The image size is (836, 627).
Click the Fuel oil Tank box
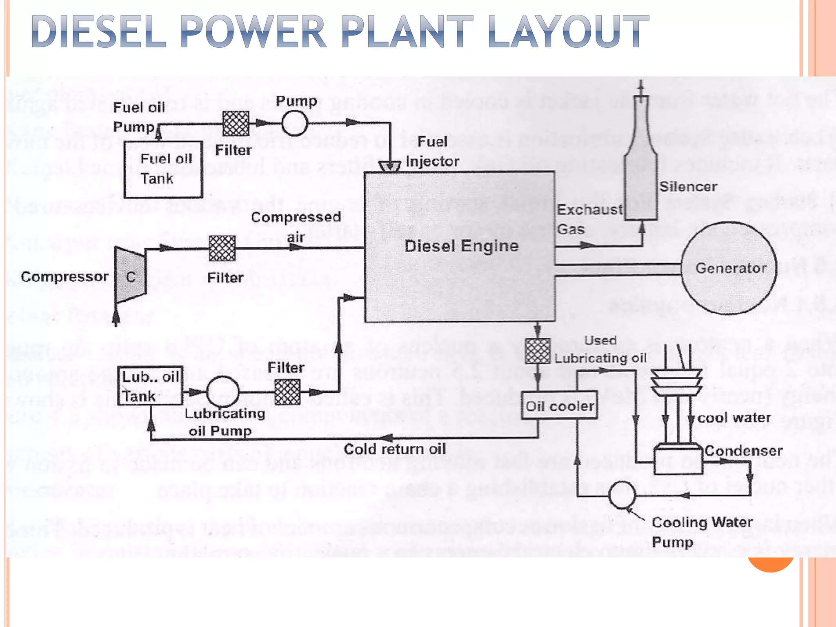[x=163, y=169]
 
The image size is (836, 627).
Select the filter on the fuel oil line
[x=236, y=123]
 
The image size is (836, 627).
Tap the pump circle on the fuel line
[x=294, y=123]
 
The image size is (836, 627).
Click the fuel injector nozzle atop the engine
[x=389, y=167]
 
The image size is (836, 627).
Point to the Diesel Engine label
[x=461, y=246]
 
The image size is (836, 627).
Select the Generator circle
[x=729, y=268]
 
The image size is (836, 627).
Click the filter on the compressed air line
[x=222, y=248]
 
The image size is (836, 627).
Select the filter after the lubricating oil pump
[x=287, y=392]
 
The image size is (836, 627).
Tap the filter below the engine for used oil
[x=538, y=351]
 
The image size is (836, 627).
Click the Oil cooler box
[x=560, y=405]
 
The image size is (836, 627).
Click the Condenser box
[x=678, y=460]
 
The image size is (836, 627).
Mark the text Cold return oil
[x=394, y=449]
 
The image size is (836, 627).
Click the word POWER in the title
[x=253, y=32]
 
